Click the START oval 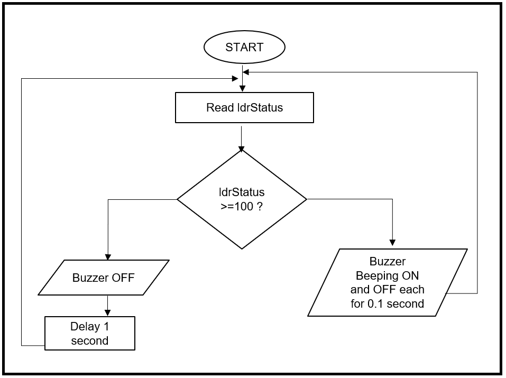pos(244,48)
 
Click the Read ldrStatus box pos(244,108)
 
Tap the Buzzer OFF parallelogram pos(104,277)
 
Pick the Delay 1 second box pos(89,333)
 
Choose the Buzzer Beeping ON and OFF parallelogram pos(388,282)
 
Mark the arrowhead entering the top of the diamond pos(242,148)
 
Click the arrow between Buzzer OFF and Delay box pos(108,306)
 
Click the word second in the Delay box pos(89,340)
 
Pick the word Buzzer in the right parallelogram pos(387,261)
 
